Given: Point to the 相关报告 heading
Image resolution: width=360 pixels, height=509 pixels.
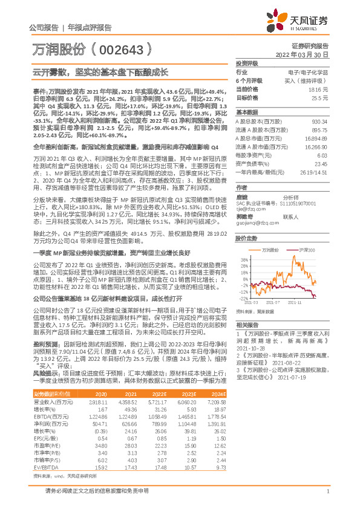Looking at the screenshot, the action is [246, 325].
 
